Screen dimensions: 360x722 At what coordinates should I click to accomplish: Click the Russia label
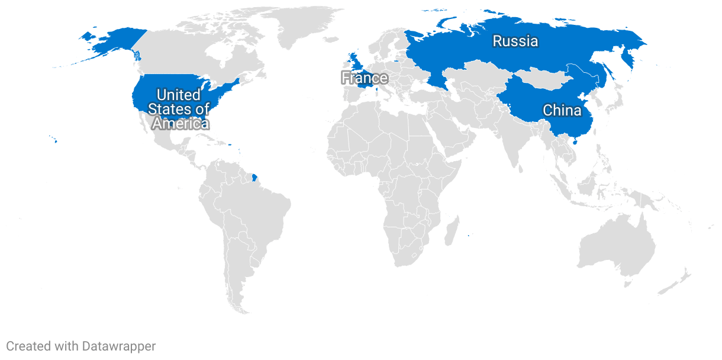pyautogui.click(x=515, y=41)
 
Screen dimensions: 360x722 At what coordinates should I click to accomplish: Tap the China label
pyautogui.click(x=562, y=110)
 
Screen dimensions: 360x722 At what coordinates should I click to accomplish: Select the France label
pyautogui.click(x=365, y=78)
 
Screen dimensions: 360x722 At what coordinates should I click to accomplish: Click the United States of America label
pyautogui.click(x=178, y=109)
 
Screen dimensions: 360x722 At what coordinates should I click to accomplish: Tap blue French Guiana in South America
pyautogui.click(x=254, y=176)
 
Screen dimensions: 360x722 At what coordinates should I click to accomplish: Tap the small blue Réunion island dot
pyautogui.click(x=468, y=236)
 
